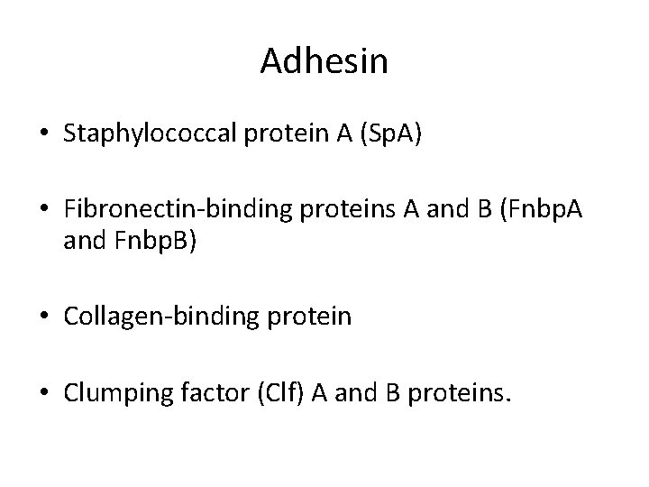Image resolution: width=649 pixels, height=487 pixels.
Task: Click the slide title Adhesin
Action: pos(324,61)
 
